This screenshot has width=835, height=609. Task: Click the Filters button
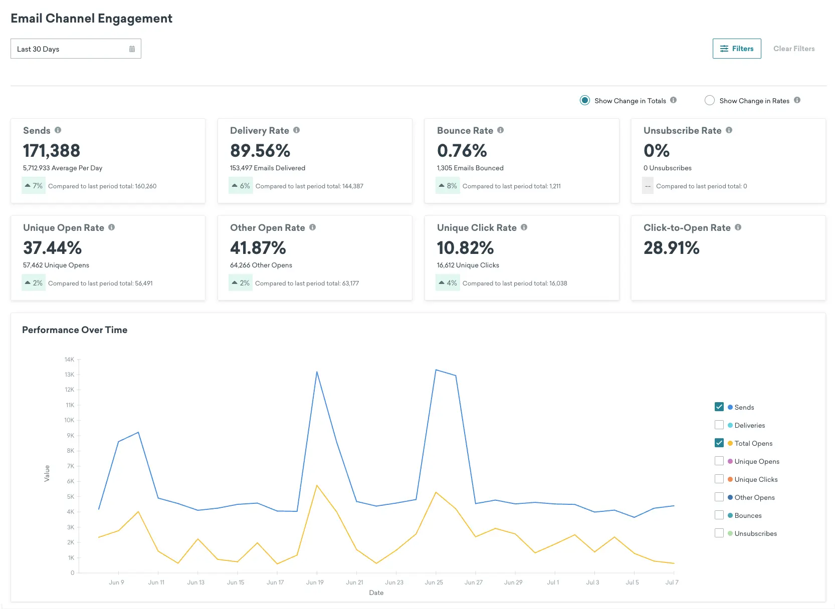[736, 49]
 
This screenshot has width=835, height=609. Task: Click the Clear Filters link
[793, 49]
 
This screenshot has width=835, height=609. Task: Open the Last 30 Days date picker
[76, 49]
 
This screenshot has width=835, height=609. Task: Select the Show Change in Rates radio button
[709, 100]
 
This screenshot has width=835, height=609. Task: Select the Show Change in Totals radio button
[584, 100]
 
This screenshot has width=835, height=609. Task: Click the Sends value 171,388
[52, 150]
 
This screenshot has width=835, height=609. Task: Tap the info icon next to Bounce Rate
[500, 130]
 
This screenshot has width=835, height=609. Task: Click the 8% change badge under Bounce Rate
[448, 186]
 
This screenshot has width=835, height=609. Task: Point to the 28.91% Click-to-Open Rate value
[671, 247]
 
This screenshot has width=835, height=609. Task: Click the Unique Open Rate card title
[64, 228]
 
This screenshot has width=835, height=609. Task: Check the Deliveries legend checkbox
[719, 425]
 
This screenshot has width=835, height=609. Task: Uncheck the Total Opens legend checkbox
[719, 443]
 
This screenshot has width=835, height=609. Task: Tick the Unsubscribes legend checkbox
[719, 533]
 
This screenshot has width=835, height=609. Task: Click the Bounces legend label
[748, 515]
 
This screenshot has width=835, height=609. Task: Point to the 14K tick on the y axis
[69, 360]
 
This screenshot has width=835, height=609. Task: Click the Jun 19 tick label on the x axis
[315, 582]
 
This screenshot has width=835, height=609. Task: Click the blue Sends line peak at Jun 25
[436, 370]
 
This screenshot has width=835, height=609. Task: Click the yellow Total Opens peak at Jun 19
[317, 485]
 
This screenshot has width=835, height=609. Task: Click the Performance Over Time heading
[75, 330]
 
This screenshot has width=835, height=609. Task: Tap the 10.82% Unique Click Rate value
[465, 247]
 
